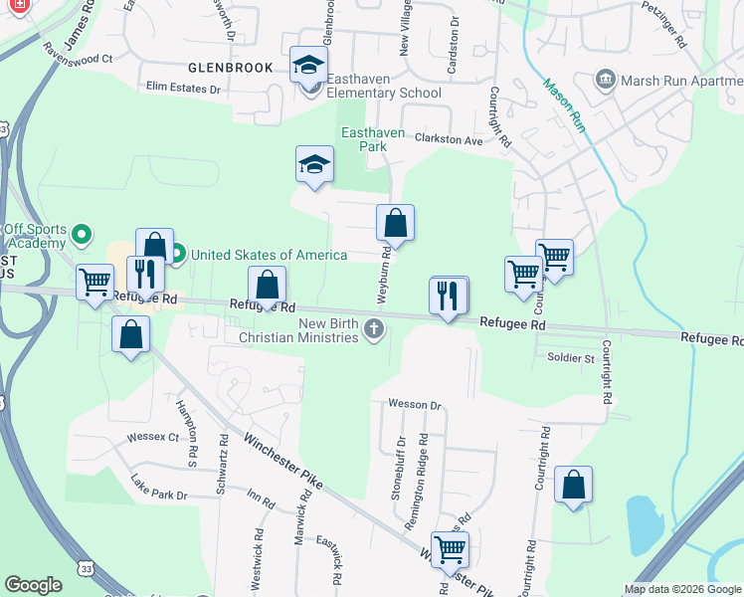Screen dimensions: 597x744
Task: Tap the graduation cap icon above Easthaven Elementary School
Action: [308, 67]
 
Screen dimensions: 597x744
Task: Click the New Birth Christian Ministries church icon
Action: [373, 328]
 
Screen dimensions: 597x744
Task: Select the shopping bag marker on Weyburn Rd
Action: [395, 224]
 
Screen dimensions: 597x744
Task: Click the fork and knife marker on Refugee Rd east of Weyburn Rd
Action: [448, 296]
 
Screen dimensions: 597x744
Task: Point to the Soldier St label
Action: [570, 357]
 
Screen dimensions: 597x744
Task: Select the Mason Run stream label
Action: [562, 104]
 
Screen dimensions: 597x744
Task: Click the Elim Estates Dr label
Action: [184, 89]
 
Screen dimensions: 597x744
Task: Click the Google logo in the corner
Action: [34, 585]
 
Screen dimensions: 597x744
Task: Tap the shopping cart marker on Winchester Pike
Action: [450, 548]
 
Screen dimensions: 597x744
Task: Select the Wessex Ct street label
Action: [152, 437]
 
